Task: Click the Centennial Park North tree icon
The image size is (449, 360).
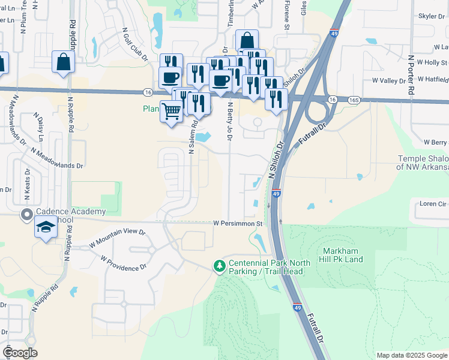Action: (x=220, y=265)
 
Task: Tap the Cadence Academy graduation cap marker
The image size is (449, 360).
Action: (x=45, y=227)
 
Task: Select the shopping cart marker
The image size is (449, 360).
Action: (x=171, y=110)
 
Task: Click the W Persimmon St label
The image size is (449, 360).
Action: (x=239, y=223)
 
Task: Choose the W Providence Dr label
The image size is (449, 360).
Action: (x=124, y=263)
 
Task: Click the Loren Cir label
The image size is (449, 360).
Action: (x=433, y=204)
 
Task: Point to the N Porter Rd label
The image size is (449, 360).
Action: (x=411, y=75)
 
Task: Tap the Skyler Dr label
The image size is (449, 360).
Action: (x=431, y=16)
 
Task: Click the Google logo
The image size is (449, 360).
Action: (x=20, y=353)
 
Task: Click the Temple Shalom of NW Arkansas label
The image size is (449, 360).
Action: (x=423, y=163)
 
